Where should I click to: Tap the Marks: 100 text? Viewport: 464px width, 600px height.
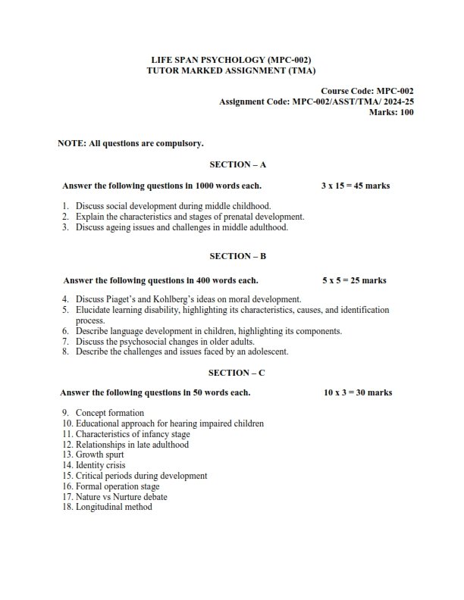coord(390,111)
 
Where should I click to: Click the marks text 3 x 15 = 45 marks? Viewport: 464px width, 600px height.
coord(356,186)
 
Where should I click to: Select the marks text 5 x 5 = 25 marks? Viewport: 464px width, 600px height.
coord(353,280)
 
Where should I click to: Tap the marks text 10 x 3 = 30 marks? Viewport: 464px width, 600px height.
coord(357,393)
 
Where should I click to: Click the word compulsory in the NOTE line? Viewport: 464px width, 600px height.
coord(178,142)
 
